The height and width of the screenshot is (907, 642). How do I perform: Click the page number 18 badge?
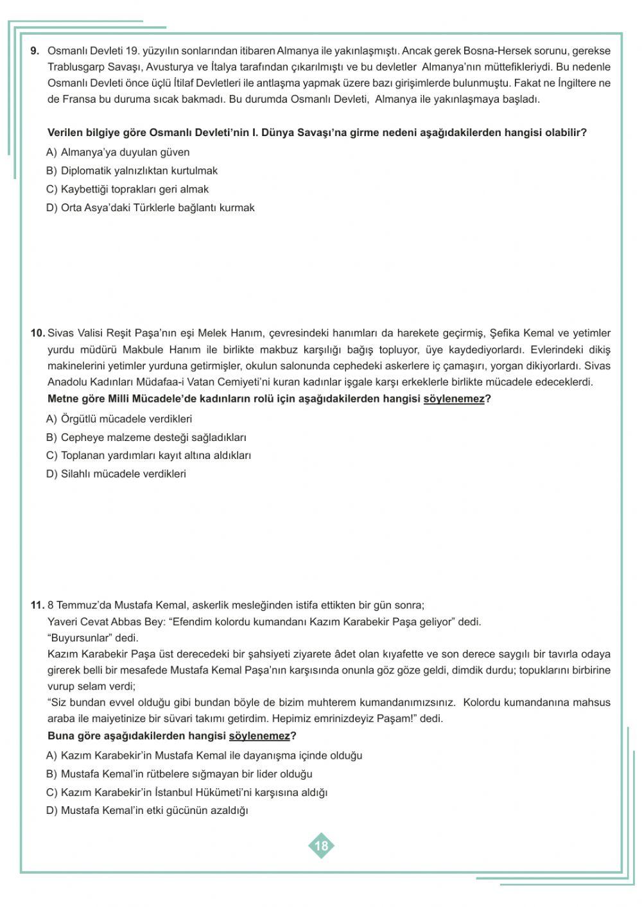tap(321, 845)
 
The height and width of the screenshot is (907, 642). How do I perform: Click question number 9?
tap(35, 51)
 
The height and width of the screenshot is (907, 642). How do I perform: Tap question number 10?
tap(37, 333)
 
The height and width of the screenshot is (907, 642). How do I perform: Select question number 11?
tap(37, 605)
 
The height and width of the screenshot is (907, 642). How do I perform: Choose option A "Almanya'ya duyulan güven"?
tap(118, 152)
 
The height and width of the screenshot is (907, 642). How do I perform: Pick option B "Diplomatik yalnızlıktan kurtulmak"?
tap(132, 171)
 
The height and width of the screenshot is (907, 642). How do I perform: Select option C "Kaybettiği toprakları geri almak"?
tap(127, 189)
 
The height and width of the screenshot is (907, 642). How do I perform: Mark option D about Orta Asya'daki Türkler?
tap(150, 208)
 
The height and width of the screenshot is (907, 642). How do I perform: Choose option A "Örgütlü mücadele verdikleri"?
tap(119, 419)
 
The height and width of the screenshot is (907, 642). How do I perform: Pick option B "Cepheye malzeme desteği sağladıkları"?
tap(146, 438)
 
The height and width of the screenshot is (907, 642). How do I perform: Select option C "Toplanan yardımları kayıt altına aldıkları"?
tap(148, 456)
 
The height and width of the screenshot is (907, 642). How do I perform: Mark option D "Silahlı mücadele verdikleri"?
tap(116, 474)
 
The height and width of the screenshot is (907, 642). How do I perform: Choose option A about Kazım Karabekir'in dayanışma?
tap(204, 756)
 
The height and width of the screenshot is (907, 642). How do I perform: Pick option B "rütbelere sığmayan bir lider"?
tap(179, 774)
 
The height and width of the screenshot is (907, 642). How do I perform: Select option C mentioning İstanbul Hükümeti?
tap(187, 793)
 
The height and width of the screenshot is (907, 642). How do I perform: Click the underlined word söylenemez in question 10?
tap(454, 399)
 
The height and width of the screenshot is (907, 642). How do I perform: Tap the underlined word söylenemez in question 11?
tap(259, 736)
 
